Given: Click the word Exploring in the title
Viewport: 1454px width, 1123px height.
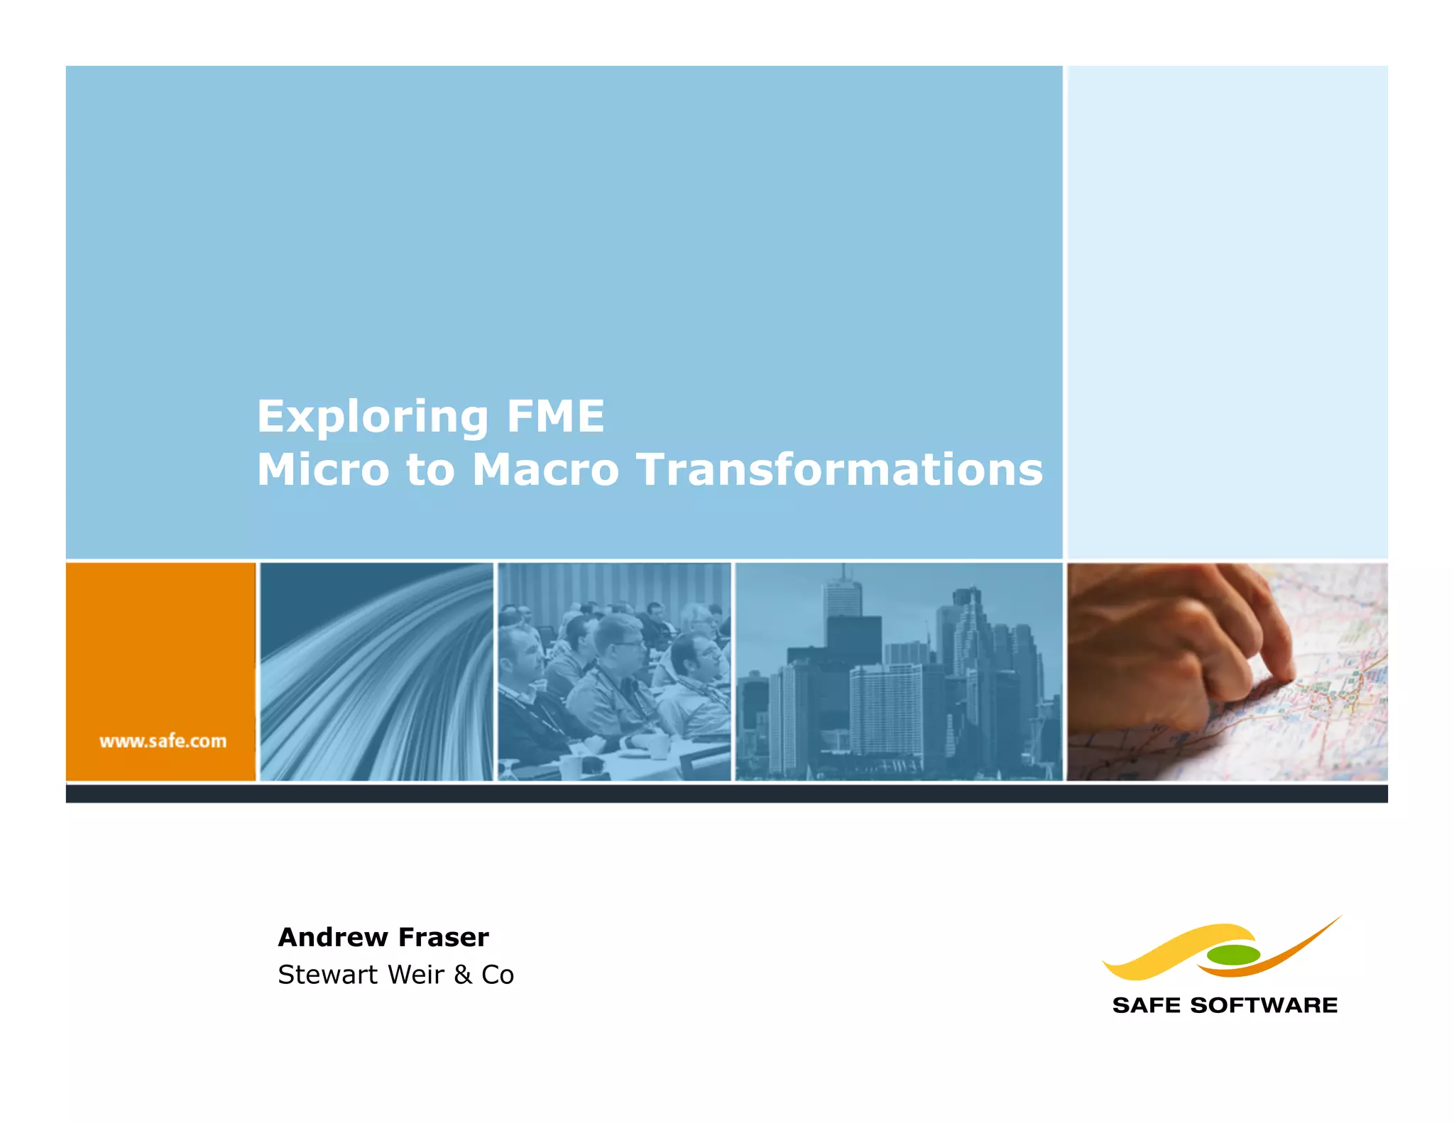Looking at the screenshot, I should (372, 417).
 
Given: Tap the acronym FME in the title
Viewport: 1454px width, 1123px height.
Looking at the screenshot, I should (555, 417).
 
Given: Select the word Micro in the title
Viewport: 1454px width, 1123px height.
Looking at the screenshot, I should (323, 470).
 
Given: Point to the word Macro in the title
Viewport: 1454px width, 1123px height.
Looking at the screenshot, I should (545, 470).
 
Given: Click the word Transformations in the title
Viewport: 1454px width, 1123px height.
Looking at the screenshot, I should (840, 470).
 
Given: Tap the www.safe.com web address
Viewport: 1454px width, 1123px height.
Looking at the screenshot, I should (163, 741).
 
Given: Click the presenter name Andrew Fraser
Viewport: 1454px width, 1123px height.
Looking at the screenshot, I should (383, 937).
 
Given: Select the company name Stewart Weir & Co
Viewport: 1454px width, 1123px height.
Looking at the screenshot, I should (395, 975).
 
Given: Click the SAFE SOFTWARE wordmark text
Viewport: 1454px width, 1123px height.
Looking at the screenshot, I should (1225, 1005).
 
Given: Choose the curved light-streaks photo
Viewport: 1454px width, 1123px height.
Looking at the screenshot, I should (376, 672).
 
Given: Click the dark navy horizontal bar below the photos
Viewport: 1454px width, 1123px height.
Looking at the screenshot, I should (726, 794).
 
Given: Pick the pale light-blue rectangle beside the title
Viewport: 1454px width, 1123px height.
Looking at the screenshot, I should (1227, 312).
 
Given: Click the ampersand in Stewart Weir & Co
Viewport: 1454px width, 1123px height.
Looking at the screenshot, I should (463, 975).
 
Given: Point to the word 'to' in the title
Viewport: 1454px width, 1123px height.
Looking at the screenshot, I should (430, 470).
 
